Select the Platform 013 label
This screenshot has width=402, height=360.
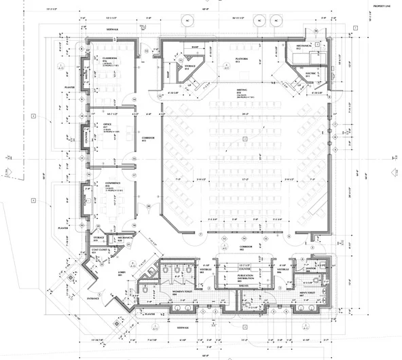[241, 60]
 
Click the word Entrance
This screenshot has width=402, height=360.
[93, 298]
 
